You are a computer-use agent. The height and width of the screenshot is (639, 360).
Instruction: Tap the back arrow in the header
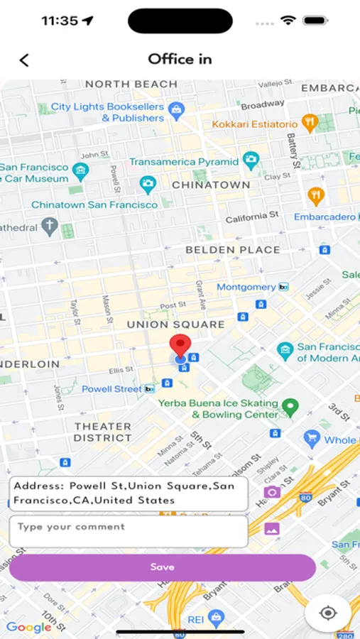(x=24, y=60)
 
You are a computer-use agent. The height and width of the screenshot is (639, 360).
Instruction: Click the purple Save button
(x=162, y=567)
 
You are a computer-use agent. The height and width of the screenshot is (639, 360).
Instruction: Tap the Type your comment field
(x=129, y=530)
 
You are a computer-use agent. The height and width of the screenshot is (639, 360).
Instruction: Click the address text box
(x=129, y=493)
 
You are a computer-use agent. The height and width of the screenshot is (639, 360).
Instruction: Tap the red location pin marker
(x=180, y=346)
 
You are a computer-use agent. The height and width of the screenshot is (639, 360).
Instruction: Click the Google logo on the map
(x=29, y=627)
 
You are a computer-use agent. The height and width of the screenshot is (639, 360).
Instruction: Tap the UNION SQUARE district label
(x=175, y=324)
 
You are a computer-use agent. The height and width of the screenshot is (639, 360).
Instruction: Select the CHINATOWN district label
(x=211, y=185)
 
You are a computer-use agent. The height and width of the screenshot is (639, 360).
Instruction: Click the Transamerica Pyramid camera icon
(x=250, y=160)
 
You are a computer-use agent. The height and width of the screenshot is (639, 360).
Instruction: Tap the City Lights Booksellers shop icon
(x=177, y=109)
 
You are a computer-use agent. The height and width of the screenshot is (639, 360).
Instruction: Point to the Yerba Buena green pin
(x=290, y=407)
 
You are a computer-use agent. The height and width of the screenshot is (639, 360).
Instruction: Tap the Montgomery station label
(x=246, y=287)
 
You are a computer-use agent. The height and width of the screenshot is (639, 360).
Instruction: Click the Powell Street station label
(x=111, y=389)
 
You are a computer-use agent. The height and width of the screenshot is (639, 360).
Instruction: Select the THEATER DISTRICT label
(x=103, y=432)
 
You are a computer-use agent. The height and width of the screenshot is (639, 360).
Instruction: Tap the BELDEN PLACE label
(x=232, y=250)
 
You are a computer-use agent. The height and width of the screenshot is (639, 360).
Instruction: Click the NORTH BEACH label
(x=131, y=84)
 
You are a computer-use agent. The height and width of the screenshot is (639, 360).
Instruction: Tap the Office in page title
(x=180, y=59)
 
